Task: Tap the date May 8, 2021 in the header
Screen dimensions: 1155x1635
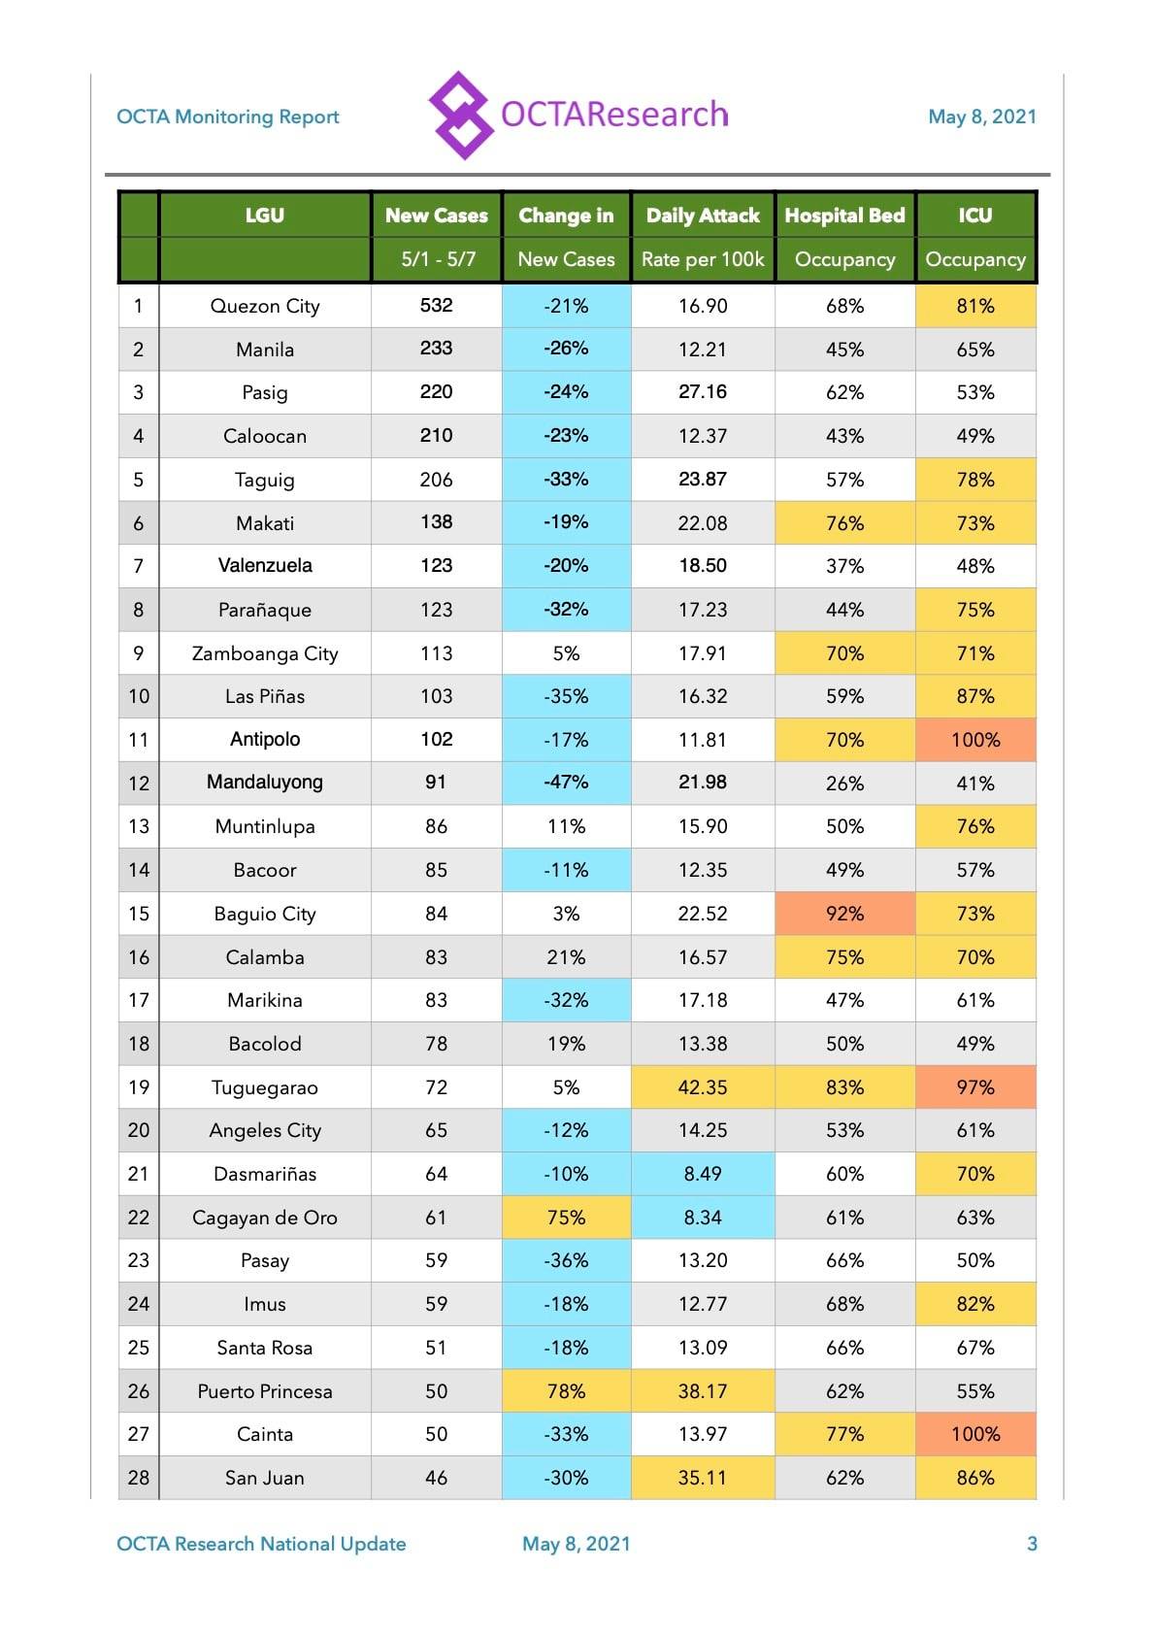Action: (981, 117)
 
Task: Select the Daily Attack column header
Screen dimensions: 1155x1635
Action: (702, 216)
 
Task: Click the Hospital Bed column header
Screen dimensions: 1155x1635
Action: (844, 216)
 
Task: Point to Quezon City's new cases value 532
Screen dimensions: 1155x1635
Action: (436, 305)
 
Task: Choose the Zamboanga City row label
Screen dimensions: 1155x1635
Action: (265, 653)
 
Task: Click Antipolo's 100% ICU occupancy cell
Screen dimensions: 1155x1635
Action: (975, 740)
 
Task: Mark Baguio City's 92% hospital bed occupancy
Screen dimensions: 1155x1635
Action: (844, 913)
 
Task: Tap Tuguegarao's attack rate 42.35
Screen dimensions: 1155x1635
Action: (702, 1086)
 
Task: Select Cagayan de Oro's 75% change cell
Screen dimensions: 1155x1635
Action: (566, 1217)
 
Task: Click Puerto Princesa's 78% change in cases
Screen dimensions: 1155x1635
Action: (566, 1390)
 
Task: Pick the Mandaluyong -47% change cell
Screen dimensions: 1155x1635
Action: (566, 783)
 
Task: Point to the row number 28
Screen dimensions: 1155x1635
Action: (139, 1478)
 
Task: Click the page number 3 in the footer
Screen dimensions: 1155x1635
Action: (1032, 1543)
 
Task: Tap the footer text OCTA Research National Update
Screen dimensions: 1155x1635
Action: (261, 1543)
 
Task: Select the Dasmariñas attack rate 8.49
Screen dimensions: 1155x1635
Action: (702, 1174)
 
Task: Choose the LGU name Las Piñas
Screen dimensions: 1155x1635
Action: (265, 696)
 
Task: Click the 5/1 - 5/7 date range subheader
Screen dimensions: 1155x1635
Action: (438, 259)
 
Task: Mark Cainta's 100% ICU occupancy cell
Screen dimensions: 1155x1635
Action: (975, 1434)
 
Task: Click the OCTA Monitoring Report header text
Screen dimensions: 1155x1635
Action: (228, 117)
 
